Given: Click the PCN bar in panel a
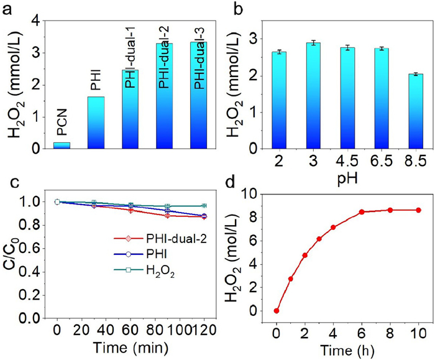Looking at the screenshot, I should [62, 145].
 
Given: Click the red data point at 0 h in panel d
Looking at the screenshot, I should [276, 311].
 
